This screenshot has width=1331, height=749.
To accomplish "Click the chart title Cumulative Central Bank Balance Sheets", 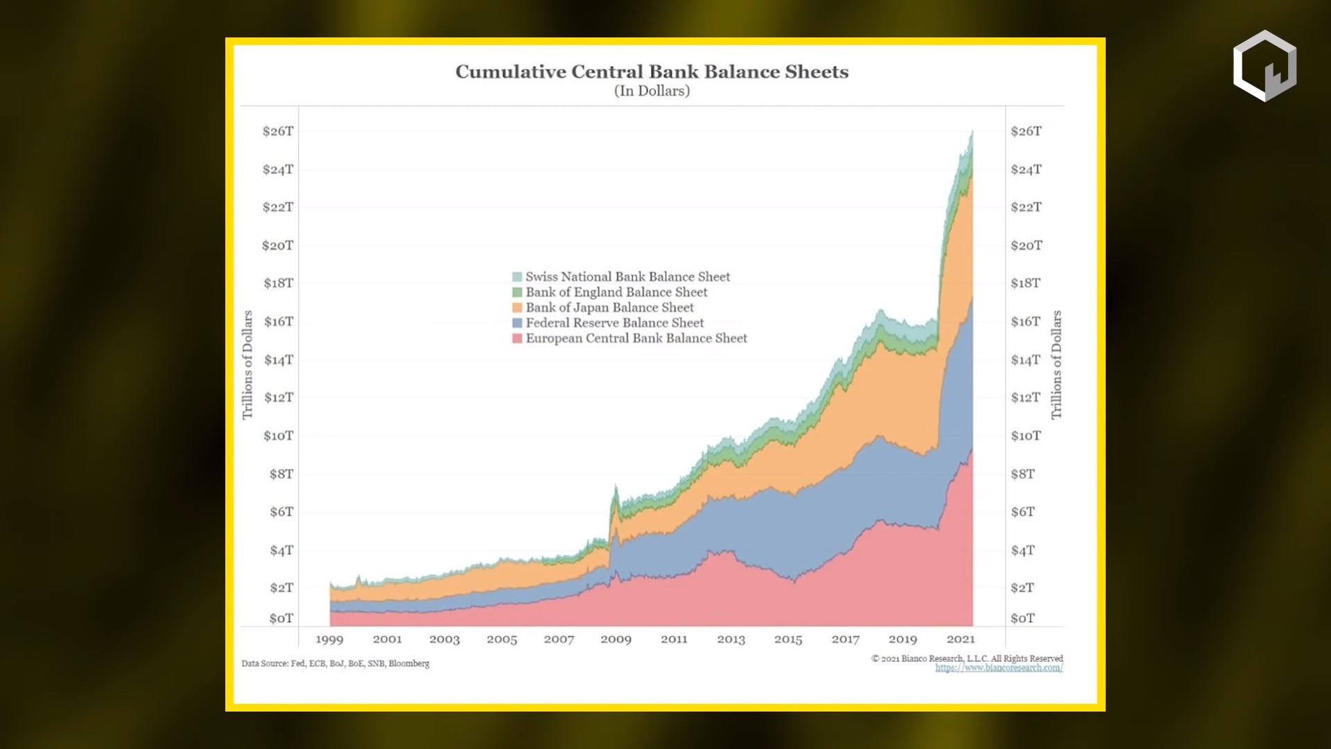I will click(652, 72).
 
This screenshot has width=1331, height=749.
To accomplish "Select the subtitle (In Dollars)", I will click(652, 91).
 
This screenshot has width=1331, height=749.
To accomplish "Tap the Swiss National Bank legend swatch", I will click(517, 277).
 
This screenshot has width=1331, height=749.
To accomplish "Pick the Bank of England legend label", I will click(616, 293).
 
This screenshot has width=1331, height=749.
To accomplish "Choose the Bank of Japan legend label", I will click(609, 308).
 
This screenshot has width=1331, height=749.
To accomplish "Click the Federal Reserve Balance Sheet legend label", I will click(614, 323).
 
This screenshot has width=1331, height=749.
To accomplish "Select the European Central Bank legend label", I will click(636, 338).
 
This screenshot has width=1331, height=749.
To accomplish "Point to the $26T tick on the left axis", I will click(278, 131).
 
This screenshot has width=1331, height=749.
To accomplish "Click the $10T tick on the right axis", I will click(1025, 436).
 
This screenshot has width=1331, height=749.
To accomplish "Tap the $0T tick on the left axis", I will click(281, 618).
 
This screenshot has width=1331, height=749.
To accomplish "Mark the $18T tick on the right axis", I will click(1025, 283).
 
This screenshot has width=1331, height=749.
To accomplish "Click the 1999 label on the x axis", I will click(329, 639).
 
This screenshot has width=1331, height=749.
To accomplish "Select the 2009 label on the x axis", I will click(616, 639).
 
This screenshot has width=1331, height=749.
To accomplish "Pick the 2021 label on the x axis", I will click(960, 639).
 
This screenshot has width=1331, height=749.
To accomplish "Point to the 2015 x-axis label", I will click(788, 639).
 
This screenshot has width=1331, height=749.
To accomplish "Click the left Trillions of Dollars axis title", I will click(247, 365).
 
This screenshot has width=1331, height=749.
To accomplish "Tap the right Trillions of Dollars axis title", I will click(1056, 365).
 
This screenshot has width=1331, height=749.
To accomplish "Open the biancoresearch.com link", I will click(999, 669).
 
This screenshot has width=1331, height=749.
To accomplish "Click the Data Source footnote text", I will click(336, 664).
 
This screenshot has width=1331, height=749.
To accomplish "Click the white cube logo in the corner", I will click(1264, 66).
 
